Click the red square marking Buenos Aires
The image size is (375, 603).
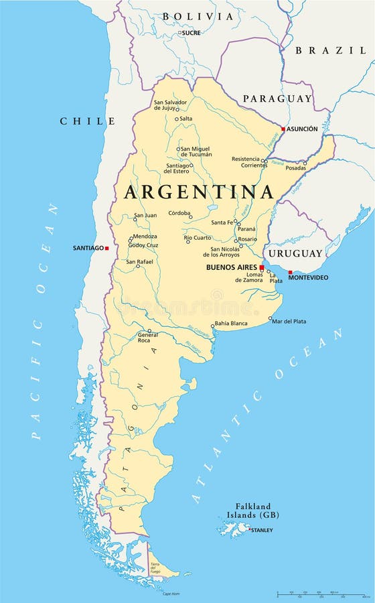pos(261,267)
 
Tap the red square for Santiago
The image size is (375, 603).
pos(107,248)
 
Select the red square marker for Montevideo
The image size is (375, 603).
pos(290,272)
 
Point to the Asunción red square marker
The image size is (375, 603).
pos(283,129)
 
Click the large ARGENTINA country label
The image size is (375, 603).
pos(199,192)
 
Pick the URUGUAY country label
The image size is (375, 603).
pos(295,254)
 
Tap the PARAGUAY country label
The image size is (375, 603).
pos(277,98)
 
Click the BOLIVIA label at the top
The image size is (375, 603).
pos(198,16)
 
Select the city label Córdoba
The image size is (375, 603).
pos(180,213)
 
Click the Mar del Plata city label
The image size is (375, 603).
pos(289,322)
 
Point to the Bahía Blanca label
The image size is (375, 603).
pos(231,324)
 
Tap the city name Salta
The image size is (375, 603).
pos(185,119)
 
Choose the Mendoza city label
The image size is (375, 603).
pos(145,237)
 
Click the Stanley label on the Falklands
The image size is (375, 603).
pos(262,531)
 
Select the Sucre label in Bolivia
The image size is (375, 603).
pos(192,33)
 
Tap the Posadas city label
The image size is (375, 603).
pos(295,168)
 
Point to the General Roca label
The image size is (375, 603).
pos(148,337)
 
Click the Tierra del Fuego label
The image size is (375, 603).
pos(155,567)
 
